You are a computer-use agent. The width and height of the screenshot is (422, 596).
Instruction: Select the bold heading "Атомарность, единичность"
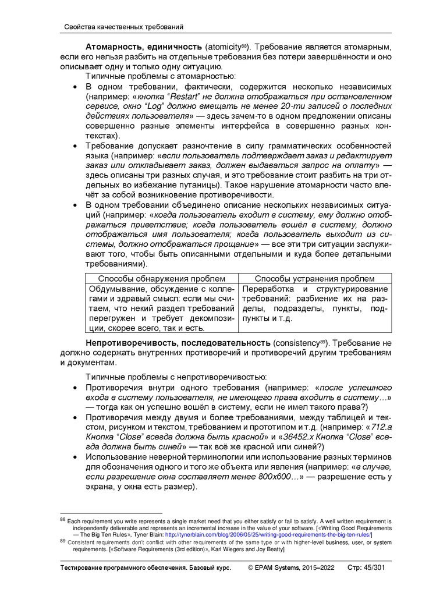[x=144, y=45]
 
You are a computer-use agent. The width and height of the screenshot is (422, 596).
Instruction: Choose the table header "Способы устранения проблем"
[x=314, y=279]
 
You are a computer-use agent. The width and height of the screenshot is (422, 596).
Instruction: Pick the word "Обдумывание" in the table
[x=116, y=289]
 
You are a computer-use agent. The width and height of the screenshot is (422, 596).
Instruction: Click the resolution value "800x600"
[x=275, y=477]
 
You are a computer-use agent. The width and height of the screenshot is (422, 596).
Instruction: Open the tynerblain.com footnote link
[x=268, y=534]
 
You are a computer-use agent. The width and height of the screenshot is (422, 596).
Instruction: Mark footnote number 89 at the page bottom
[x=63, y=541]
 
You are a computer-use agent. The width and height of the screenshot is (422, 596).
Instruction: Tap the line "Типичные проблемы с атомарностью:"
[x=161, y=76]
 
